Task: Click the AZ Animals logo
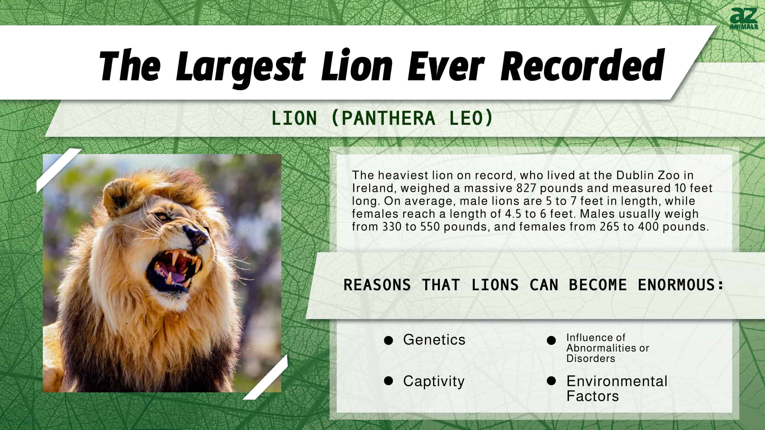(744, 19)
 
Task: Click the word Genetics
(434, 340)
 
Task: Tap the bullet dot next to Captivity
(388, 381)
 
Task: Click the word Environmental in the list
(617, 381)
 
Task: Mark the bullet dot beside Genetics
(388, 340)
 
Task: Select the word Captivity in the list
(434, 382)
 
